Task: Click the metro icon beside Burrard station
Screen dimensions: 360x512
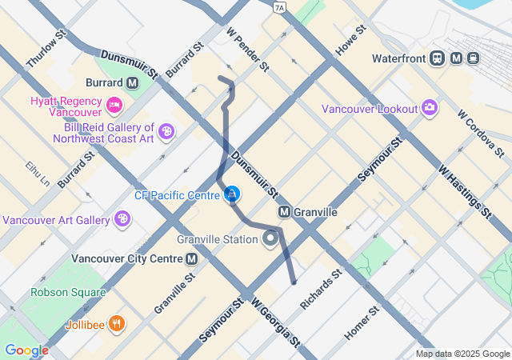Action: tap(132, 82)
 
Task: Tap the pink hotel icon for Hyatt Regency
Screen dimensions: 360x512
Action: tap(114, 103)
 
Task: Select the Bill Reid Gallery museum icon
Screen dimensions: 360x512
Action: tap(166, 131)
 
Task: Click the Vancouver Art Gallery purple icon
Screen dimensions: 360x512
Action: tap(122, 218)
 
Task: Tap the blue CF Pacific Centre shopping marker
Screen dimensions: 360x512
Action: tap(232, 194)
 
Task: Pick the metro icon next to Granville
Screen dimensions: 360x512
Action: tap(283, 212)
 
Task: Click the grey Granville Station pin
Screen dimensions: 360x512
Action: tap(272, 238)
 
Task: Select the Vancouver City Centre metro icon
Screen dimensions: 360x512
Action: tap(192, 258)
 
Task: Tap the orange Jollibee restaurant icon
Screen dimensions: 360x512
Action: tap(117, 323)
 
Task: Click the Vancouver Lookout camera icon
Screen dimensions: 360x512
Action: tap(430, 107)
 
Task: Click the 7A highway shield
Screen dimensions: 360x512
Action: tap(278, 8)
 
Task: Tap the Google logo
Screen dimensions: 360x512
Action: tap(26, 350)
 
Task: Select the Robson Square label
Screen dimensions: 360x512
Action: tap(68, 292)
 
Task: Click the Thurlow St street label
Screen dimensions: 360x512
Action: tap(46, 50)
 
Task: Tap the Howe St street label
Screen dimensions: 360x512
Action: tap(350, 39)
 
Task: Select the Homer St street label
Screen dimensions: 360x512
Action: tap(361, 322)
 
